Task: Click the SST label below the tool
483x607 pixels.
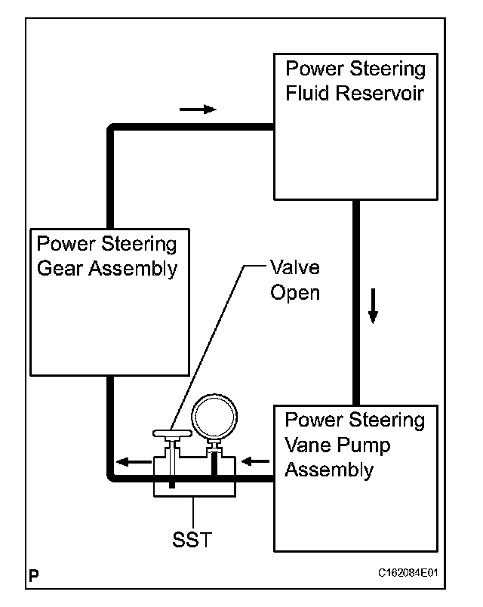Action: click(194, 541)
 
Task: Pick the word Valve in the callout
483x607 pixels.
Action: click(294, 268)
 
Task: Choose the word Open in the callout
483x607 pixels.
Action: click(294, 293)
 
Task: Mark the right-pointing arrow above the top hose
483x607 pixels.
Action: click(198, 109)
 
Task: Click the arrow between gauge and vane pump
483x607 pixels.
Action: click(255, 460)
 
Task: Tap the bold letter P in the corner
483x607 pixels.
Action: click(34, 575)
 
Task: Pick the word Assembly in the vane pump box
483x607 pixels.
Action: click(329, 470)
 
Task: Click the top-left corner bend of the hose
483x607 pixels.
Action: click(111, 129)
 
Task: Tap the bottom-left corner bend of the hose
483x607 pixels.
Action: click(111, 477)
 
